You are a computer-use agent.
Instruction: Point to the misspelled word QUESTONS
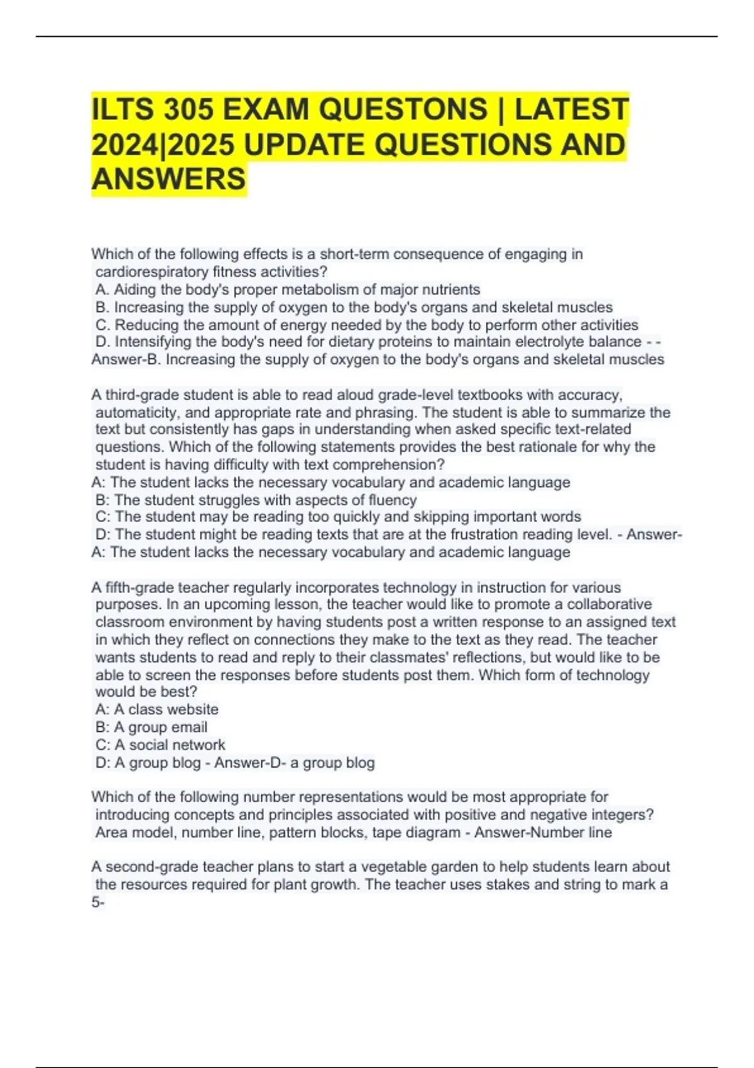tap(403, 109)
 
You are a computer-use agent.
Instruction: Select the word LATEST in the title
tap(571, 109)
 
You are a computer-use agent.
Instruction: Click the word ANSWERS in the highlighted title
tap(168, 179)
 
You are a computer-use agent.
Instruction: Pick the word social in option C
tap(150, 744)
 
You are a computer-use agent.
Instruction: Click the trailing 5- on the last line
tap(98, 903)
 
